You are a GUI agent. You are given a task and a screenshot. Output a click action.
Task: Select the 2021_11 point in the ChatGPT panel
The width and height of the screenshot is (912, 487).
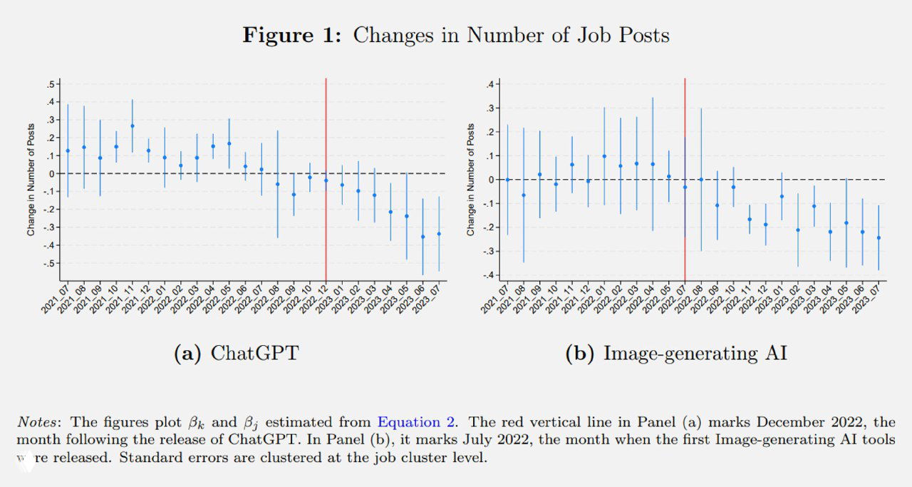133,126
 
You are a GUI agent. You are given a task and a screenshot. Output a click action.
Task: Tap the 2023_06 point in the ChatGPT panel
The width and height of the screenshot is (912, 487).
423,237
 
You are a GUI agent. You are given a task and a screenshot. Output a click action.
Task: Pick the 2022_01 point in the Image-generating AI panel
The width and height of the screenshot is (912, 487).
604,156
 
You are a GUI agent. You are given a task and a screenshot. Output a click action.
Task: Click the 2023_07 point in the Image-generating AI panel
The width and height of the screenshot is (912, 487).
879,238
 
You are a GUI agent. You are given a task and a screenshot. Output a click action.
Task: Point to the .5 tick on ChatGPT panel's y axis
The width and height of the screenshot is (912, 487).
51,84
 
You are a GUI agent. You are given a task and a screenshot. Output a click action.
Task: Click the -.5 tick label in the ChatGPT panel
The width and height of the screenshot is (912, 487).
50,263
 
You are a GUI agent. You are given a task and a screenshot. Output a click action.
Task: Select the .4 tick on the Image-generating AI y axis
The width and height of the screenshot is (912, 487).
491,84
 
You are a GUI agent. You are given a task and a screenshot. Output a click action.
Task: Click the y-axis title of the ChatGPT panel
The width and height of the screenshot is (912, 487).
31,179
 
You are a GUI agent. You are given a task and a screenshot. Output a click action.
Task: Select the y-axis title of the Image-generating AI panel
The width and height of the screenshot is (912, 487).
471,179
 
